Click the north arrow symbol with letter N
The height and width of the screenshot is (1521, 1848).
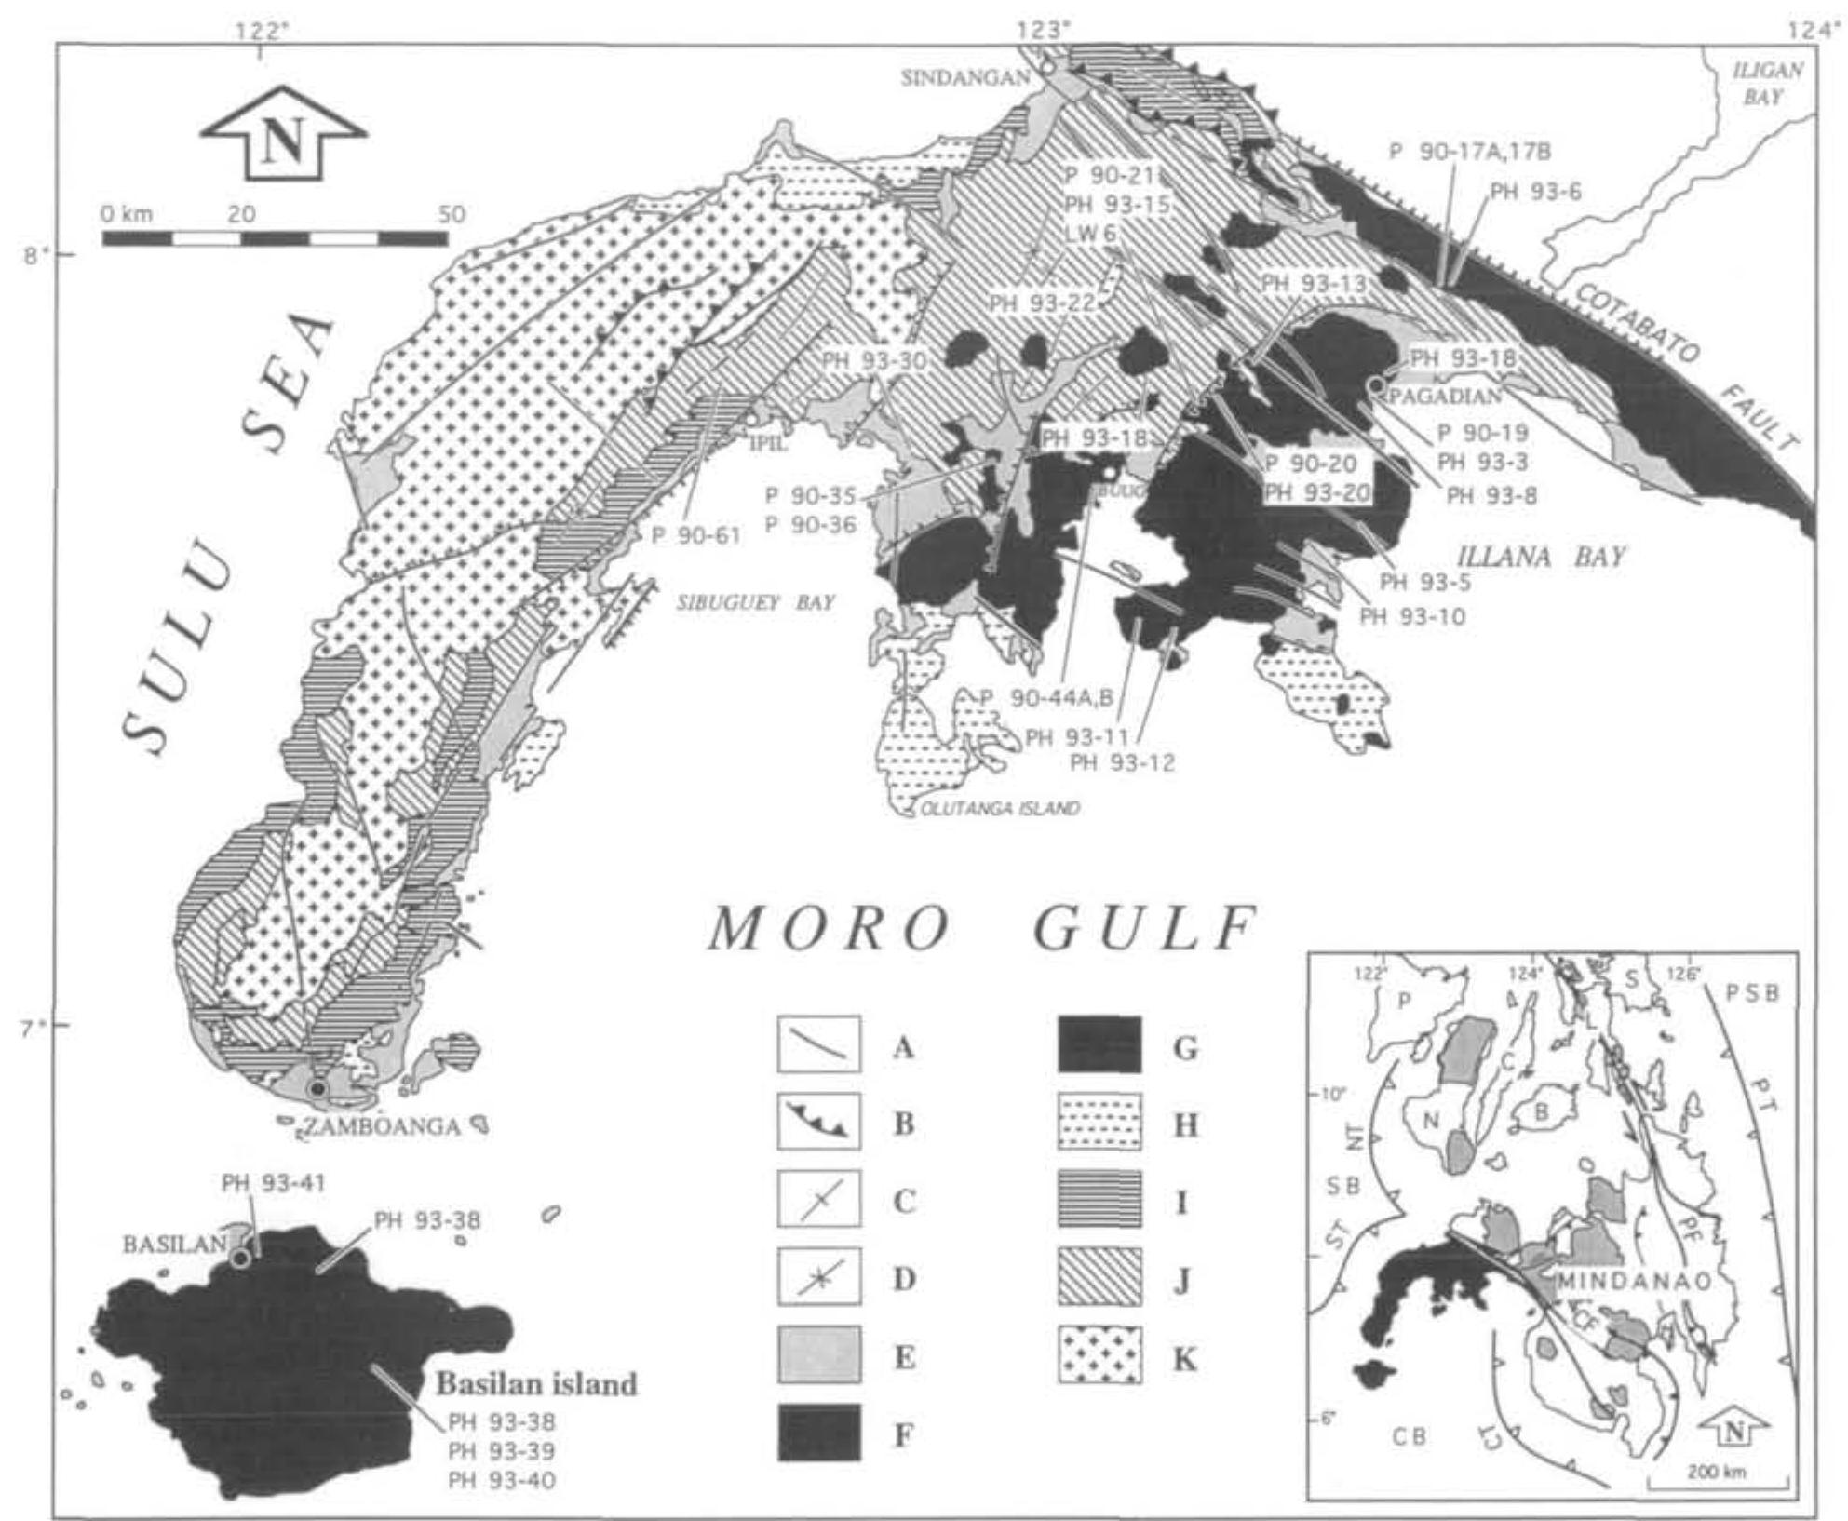coord(284,135)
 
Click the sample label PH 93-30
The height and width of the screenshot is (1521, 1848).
coord(872,359)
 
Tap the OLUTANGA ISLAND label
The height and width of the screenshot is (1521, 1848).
coord(1000,808)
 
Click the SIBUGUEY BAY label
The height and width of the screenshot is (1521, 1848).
coord(755,603)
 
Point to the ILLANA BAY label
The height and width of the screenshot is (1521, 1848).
coord(1540,558)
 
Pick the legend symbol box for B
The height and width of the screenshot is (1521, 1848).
coord(818,1124)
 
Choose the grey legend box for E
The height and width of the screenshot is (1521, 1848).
coord(818,1356)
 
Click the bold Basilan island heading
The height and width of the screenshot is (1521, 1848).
coord(537,1384)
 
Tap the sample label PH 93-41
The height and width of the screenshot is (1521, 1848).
coord(274,1183)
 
